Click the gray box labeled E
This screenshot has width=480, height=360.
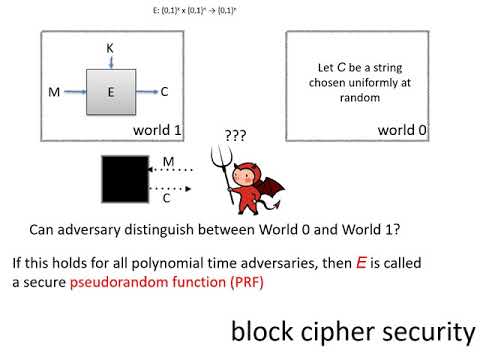tap(111, 91)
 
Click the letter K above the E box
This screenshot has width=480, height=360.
tap(111, 47)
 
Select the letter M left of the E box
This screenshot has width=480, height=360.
tap(53, 92)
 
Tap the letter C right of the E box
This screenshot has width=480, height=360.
tap(164, 92)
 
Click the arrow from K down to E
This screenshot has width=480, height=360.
tap(111, 61)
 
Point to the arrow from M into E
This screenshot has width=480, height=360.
tap(74, 92)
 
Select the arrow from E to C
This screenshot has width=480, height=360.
tap(146, 92)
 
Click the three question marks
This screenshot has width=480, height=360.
tap(236, 137)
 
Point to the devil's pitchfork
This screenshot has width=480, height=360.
tap(215, 164)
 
